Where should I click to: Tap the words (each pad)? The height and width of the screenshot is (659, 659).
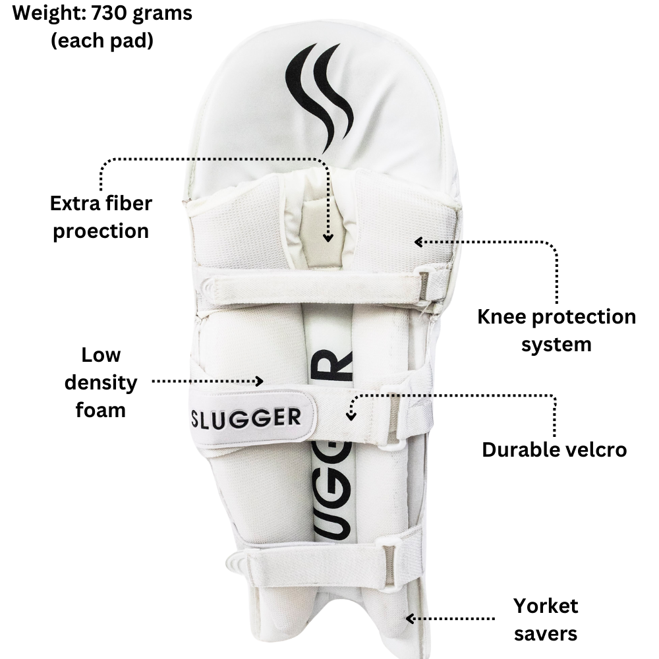point(102,41)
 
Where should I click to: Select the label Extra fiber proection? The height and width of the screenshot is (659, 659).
point(101,217)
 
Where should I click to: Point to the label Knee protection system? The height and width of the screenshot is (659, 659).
point(557,329)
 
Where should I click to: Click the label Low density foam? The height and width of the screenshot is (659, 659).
point(101,382)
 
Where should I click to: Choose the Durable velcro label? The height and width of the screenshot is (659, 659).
point(554,449)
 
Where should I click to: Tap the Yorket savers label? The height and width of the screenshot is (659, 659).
point(546,619)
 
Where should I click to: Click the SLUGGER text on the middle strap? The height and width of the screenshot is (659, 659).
point(245,417)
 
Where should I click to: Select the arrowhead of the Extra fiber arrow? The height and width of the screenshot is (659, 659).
point(327,238)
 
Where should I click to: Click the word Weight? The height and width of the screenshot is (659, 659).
point(42,13)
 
